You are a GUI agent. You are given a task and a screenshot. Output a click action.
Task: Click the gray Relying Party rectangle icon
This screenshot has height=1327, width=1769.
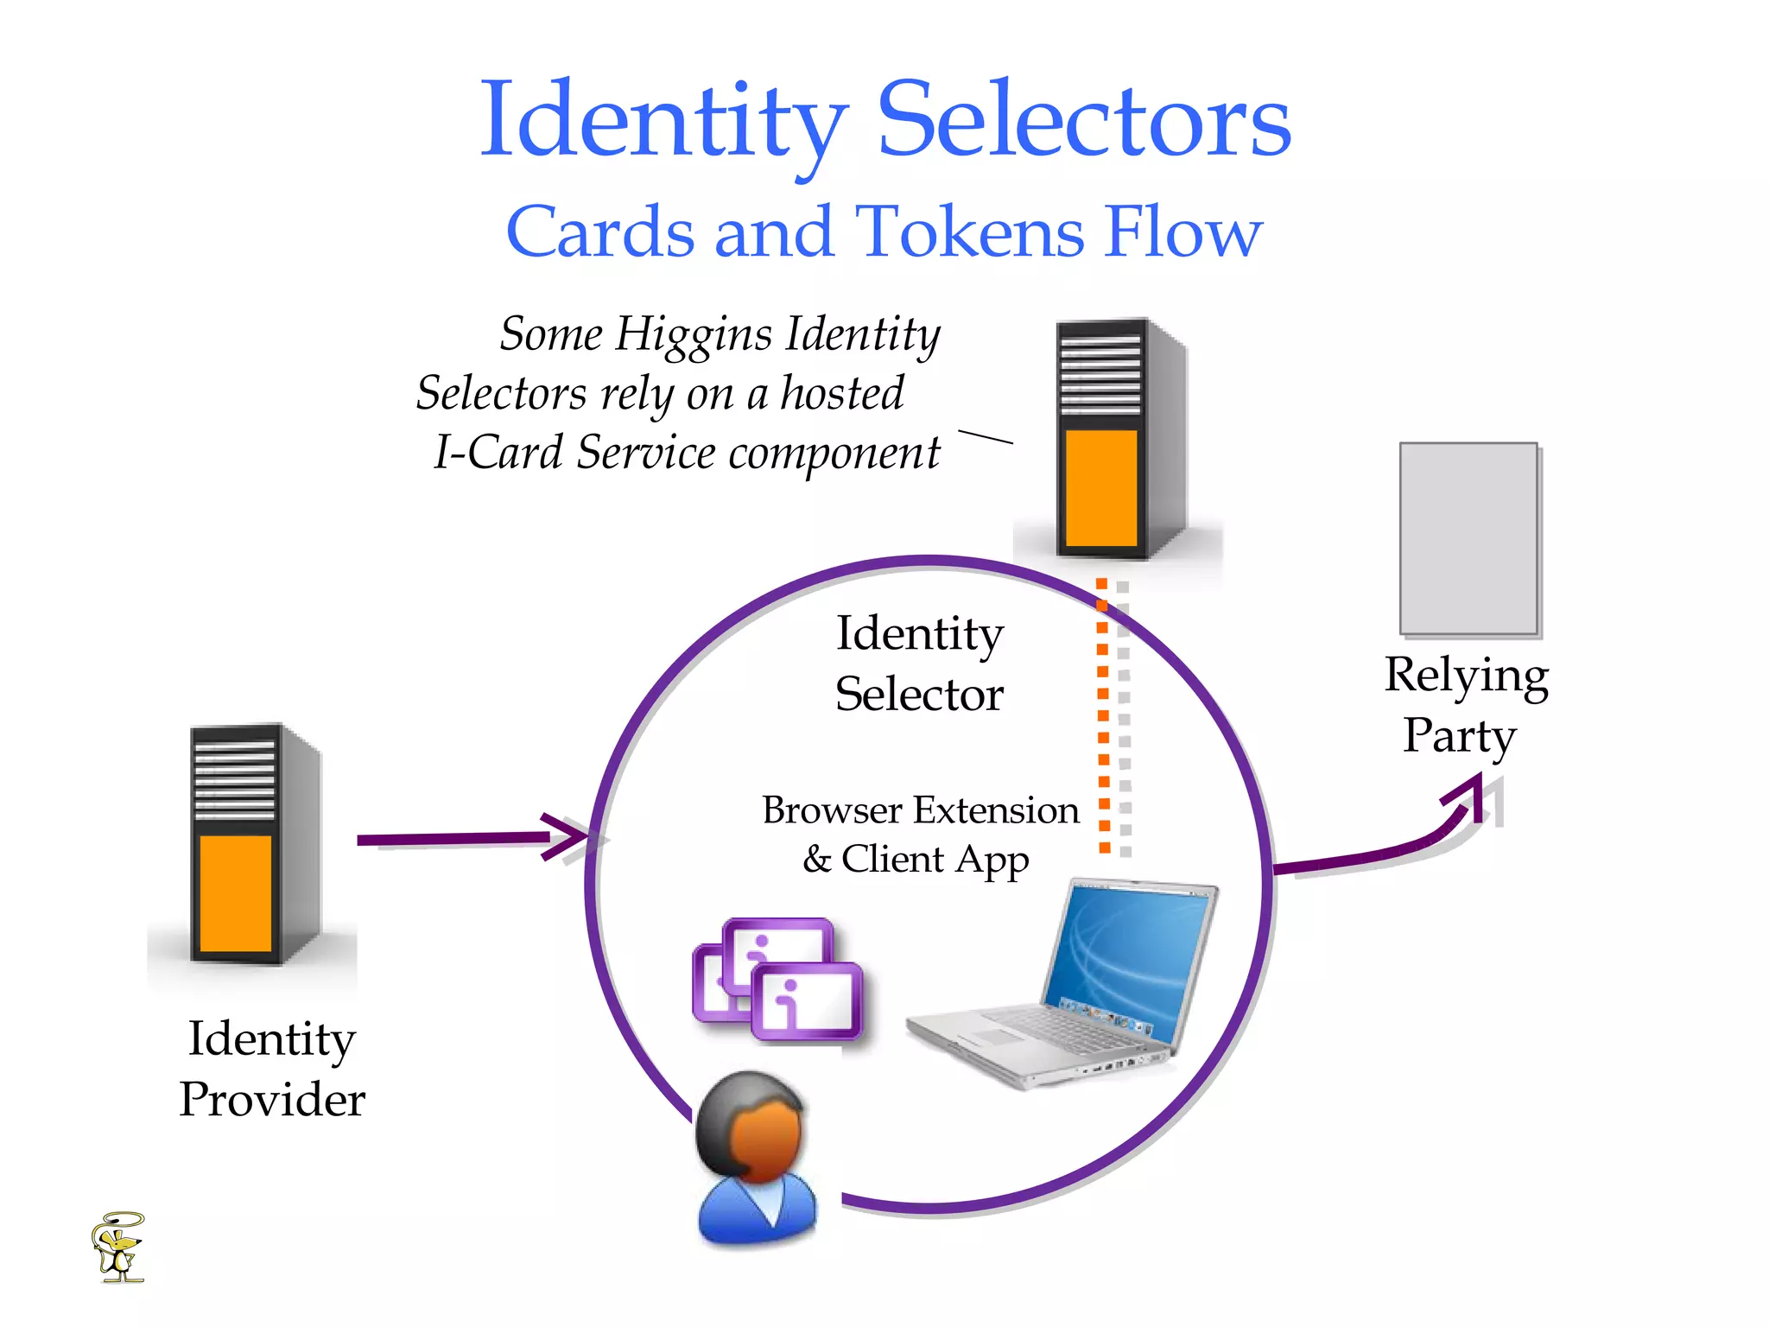pos(1468,538)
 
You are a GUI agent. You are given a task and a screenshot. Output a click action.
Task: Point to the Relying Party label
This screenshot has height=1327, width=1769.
pos(1465,704)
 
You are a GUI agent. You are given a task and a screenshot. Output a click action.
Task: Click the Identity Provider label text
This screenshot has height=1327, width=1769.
pos(272,1068)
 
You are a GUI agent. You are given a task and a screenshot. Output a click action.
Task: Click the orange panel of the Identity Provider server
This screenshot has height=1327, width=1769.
pos(235,892)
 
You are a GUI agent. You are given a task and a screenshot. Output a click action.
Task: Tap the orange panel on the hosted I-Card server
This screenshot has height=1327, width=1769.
pos(1100,488)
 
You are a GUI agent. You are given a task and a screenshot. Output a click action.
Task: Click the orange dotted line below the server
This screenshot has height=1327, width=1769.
pos(1103,717)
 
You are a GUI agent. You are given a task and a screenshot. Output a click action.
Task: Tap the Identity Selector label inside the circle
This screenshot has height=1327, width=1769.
pos(919,663)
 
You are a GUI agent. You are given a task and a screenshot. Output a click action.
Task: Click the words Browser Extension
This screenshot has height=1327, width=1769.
pos(920,810)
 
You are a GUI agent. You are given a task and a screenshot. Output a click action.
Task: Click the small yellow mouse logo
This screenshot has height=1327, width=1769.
pos(118,1247)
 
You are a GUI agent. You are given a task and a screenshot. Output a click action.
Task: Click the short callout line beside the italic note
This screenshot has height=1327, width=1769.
pos(986,436)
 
